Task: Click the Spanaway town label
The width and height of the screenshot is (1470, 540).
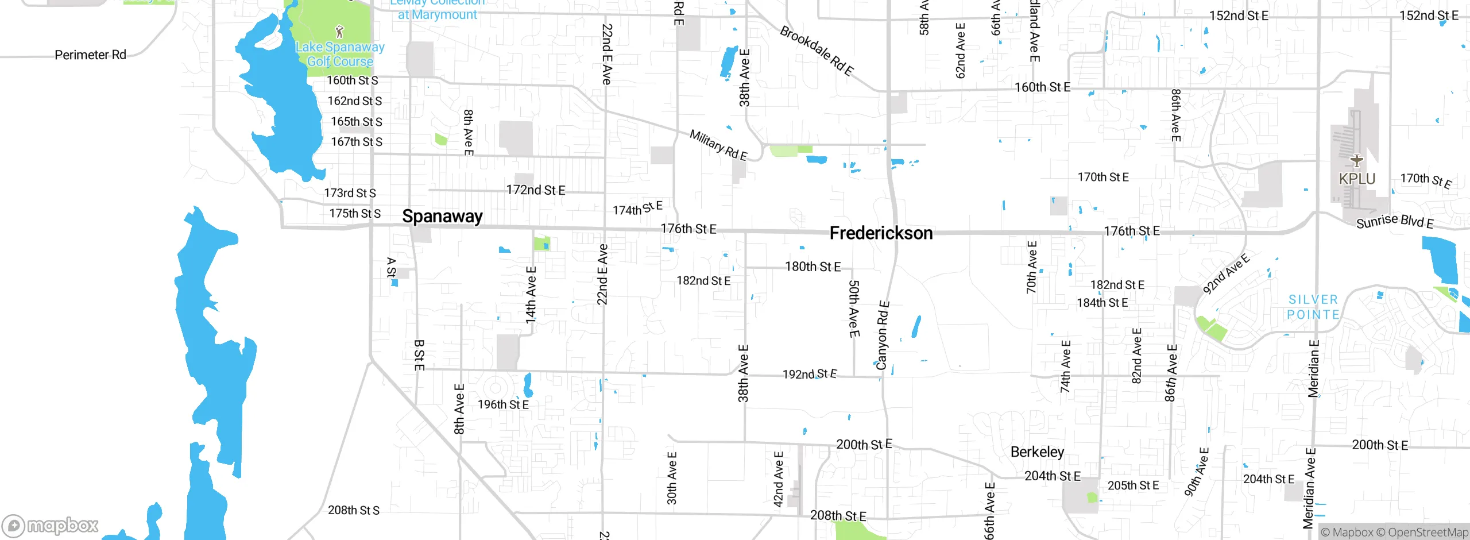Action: pos(442,217)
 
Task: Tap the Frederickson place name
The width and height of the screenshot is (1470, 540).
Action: pos(881,233)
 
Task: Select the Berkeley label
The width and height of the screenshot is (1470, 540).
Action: pos(1037,452)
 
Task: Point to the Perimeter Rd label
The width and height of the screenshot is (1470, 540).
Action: pos(90,55)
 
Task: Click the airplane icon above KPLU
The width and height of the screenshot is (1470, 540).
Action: pos(1357,160)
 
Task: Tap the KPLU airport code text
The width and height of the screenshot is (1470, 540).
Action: pos(1357,179)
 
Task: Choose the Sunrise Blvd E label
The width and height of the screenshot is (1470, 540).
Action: pos(1395,221)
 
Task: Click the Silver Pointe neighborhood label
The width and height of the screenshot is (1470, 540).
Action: pos(1313,307)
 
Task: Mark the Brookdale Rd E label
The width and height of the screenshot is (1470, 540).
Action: pos(816,51)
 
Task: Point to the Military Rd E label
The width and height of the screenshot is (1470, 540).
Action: pos(718,145)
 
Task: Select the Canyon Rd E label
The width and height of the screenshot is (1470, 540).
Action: pos(883,335)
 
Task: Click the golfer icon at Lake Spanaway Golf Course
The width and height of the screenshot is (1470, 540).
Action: pos(339,31)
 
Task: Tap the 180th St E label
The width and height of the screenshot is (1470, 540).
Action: pos(813,267)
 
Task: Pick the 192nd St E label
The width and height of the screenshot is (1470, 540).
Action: pos(810,375)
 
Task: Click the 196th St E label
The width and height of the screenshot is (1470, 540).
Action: pos(503,405)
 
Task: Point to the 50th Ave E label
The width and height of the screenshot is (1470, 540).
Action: pos(854,308)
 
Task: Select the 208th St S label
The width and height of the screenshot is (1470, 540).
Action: pos(354,510)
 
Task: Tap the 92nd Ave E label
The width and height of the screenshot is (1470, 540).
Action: pos(1226,274)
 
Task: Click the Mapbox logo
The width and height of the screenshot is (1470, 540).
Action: pos(50,526)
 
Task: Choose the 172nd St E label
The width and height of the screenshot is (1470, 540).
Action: pos(536,190)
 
